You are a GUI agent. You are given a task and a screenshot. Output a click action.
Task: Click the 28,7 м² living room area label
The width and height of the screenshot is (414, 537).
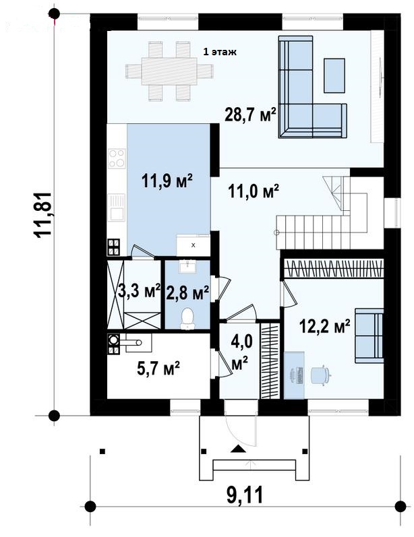click(x=250, y=115)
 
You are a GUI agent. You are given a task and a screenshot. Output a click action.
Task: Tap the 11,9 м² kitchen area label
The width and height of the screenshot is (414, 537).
click(x=167, y=181)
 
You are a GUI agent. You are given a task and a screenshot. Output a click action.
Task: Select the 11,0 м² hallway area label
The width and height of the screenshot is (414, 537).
click(x=254, y=191)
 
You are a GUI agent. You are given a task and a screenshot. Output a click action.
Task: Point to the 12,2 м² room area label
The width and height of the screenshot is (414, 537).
click(x=324, y=326)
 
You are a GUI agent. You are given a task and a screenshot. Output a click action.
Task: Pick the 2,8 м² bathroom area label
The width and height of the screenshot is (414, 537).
click(x=187, y=293)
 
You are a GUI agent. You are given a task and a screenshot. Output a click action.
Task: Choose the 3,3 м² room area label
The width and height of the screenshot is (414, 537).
click(x=139, y=291)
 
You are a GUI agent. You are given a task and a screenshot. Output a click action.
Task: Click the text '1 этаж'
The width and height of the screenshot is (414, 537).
click(x=220, y=52)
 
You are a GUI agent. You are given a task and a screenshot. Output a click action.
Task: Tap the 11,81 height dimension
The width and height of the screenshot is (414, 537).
click(x=43, y=214)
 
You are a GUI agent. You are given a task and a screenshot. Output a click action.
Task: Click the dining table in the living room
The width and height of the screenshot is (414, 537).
click(x=169, y=71)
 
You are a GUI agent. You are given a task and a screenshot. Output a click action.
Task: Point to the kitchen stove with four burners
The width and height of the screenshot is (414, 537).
click(x=117, y=158)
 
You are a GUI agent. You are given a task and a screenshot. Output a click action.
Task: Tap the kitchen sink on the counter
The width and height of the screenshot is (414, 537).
click(x=117, y=208)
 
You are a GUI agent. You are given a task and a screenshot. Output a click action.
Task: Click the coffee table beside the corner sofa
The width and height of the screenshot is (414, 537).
click(x=334, y=75)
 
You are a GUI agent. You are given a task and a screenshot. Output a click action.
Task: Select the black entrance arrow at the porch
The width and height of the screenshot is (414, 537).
click(x=238, y=449)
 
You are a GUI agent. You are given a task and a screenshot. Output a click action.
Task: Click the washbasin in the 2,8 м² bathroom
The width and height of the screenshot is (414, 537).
click(x=187, y=266)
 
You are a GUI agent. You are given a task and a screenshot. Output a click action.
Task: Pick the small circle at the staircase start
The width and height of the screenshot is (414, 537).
click(x=276, y=233)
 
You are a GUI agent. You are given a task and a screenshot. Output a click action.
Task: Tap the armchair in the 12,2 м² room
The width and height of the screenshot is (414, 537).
click(x=369, y=336)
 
